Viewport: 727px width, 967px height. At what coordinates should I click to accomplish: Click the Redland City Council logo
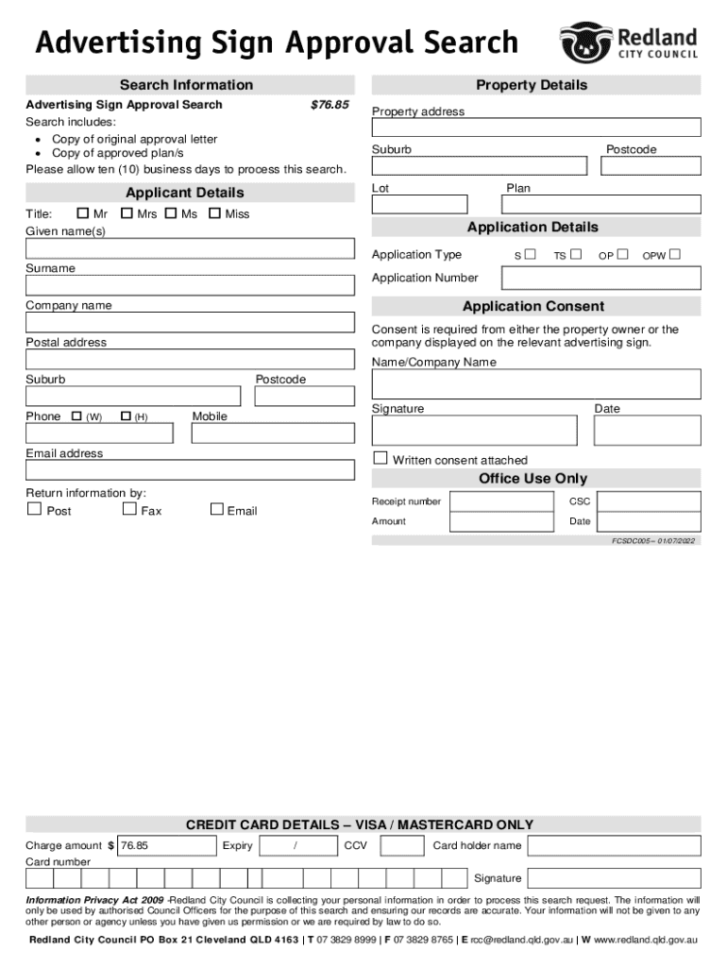pos(630,42)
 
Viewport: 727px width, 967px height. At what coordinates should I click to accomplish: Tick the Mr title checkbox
pos(82,213)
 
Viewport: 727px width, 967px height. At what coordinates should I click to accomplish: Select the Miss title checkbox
pos(214,213)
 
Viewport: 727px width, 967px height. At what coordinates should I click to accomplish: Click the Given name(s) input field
pos(190,248)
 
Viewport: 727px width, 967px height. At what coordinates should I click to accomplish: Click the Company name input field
pos(190,322)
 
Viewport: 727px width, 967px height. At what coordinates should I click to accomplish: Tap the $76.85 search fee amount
pos(330,105)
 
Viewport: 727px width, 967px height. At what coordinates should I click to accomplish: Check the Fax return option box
pos(130,510)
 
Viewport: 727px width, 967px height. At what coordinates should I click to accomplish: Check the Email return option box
pos(216,510)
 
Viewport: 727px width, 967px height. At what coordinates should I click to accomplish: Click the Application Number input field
pos(601,278)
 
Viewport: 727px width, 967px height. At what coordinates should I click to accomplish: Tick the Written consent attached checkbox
pos(380,459)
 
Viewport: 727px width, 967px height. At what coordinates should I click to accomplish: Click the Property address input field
pos(535,127)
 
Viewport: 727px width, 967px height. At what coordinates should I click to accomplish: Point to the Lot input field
pos(419,204)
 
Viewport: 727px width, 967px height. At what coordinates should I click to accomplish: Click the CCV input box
pos(403,845)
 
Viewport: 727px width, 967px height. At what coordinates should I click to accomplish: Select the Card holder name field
pos(613,845)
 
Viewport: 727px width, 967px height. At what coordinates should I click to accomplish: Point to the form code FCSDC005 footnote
pos(651,541)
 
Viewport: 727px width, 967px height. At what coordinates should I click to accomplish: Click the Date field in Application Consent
pos(647,431)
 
